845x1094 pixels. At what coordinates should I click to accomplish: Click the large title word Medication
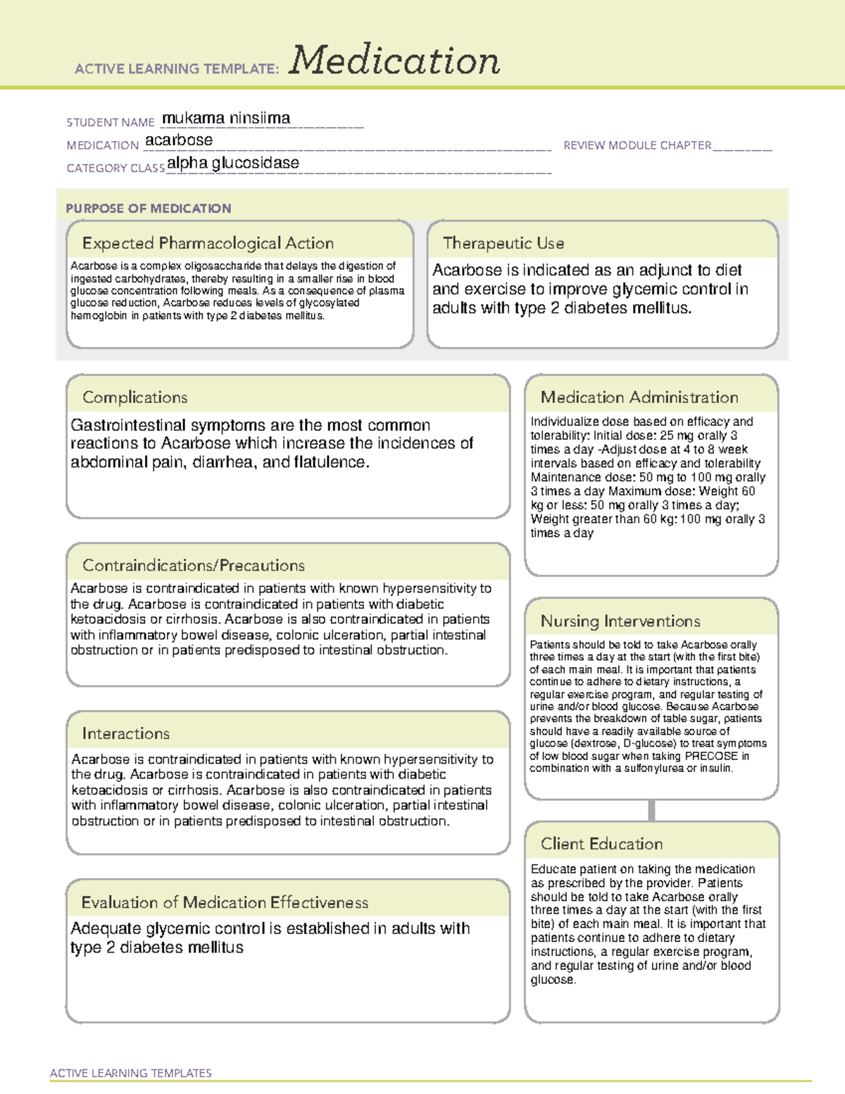[394, 61]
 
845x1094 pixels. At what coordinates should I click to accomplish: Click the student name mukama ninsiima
[226, 118]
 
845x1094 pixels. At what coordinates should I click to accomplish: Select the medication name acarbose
[179, 140]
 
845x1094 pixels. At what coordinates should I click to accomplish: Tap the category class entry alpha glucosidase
[233, 163]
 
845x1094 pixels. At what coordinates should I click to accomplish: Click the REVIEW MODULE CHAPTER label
[637, 145]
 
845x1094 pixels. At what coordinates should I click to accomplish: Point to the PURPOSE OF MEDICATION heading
[148, 209]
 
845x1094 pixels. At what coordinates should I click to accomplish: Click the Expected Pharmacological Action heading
[208, 243]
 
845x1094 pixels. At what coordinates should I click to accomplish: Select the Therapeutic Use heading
[503, 243]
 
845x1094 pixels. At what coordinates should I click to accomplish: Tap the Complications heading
[134, 397]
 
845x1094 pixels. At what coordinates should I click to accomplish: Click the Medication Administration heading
[639, 397]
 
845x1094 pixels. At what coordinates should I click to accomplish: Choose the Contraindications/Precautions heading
[194, 565]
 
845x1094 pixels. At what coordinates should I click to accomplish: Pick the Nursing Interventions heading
[620, 621]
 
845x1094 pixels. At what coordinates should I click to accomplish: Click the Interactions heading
[125, 733]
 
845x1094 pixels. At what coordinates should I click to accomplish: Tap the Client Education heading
[601, 844]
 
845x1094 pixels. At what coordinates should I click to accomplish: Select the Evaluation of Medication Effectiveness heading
[225, 902]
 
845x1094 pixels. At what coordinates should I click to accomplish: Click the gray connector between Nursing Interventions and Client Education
[651, 810]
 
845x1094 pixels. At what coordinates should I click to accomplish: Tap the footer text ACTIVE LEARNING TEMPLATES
[130, 1073]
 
